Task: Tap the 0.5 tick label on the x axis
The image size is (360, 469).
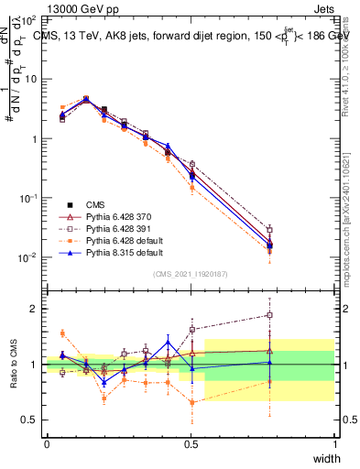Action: point(191,443)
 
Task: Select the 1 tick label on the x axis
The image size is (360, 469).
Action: point(334,443)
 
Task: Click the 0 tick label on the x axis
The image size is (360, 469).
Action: point(47,443)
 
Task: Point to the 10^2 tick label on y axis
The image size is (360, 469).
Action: point(27,18)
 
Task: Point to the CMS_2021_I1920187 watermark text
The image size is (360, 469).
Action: point(191,275)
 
